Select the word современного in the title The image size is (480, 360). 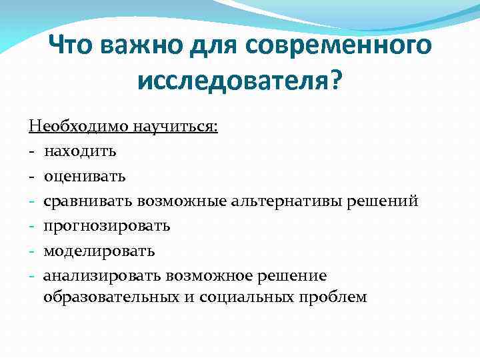(x=339, y=47)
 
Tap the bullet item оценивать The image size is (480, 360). (x=85, y=176)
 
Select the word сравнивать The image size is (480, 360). (x=88, y=201)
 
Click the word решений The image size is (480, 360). (x=383, y=201)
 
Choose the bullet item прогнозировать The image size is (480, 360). (x=107, y=226)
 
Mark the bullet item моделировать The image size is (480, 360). (x=99, y=251)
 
